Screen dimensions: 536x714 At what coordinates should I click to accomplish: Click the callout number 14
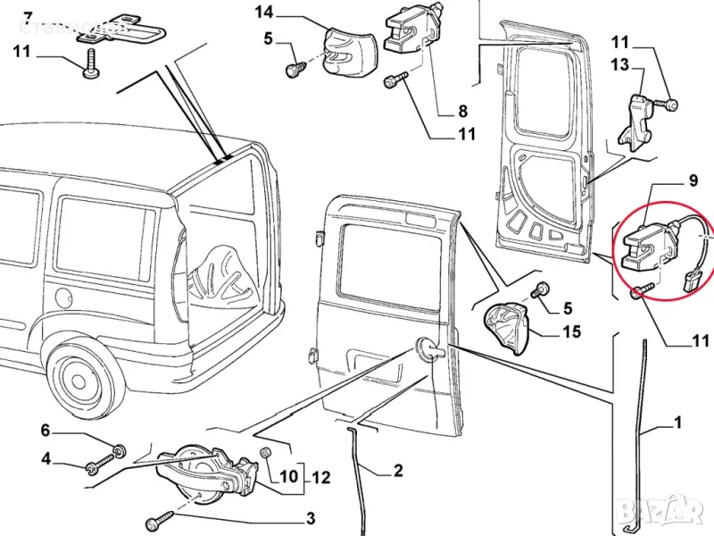pyautogui.click(x=264, y=12)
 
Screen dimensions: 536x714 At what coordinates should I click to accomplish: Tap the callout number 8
pyautogui.click(x=462, y=112)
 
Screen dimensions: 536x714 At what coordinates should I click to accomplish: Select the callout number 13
pyautogui.click(x=619, y=64)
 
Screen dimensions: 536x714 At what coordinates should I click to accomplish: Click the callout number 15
pyautogui.click(x=571, y=332)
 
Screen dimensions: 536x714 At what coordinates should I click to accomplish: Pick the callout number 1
pyautogui.click(x=678, y=422)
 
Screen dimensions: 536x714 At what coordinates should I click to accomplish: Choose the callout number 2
pyautogui.click(x=398, y=470)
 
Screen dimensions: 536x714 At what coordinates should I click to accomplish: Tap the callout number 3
pyautogui.click(x=311, y=517)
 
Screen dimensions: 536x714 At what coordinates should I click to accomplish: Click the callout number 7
pyautogui.click(x=28, y=17)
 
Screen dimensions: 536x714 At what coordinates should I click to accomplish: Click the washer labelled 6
pyautogui.click(x=120, y=446)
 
